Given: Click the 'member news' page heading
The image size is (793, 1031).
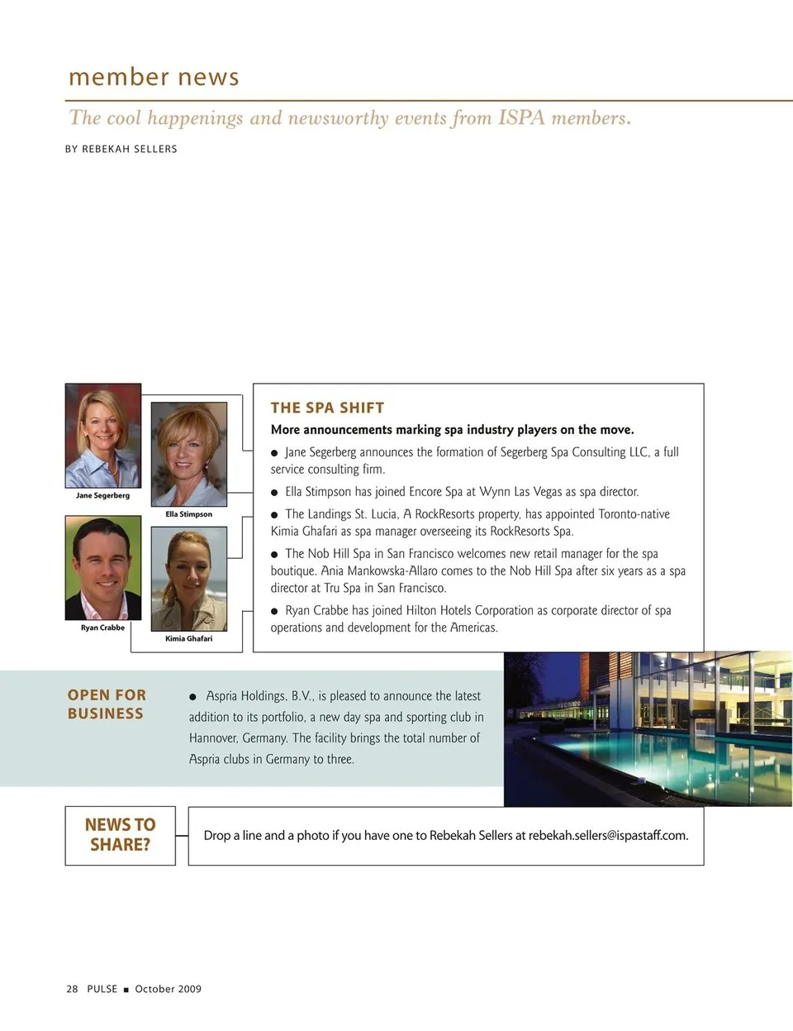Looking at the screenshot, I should pyautogui.click(x=154, y=77).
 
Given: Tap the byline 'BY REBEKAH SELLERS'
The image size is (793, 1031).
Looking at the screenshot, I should pyautogui.click(x=121, y=149).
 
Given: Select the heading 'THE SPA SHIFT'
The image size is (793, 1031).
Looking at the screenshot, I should pyautogui.click(x=327, y=408).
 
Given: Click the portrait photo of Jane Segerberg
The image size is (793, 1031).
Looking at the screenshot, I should pyautogui.click(x=103, y=436).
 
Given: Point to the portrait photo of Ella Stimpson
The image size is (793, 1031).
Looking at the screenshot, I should pyautogui.click(x=188, y=454).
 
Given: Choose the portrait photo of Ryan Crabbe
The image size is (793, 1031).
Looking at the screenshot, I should pyautogui.click(x=103, y=568).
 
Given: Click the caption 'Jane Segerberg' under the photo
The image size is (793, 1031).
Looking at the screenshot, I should pyautogui.click(x=102, y=496).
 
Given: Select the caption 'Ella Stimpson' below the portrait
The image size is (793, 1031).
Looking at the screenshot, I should pyautogui.click(x=188, y=514).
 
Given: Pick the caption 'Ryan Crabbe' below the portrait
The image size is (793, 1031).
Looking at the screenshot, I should pyautogui.click(x=102, y=628).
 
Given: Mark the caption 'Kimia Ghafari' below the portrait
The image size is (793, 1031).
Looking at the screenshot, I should pyautogui.click(x=188, y=638).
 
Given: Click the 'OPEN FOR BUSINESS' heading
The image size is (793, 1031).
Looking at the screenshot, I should pyautogui.click(x=107, y=704).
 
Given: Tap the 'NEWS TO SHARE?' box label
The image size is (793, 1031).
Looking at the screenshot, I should pyautogui.click(x=121, y=834).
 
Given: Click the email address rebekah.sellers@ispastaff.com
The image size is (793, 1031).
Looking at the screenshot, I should pyautogui.click(x=608, y=836).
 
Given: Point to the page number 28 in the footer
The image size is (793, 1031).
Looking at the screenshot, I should pyautogui.click(x=72, y=989).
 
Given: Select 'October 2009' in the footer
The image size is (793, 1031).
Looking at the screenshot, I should pyautogui.click(x=169, y=989).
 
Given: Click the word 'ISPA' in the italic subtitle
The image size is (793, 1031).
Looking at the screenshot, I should pyautogui.click(x=521, y=118).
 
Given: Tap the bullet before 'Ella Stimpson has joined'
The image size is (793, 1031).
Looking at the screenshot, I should pyautogui.click(x=275, y=493).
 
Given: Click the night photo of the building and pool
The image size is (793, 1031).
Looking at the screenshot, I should pyautogui.click(x=648, y=728).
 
